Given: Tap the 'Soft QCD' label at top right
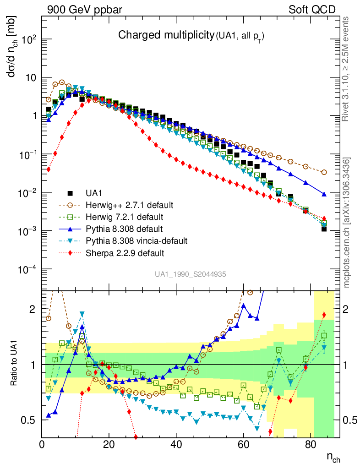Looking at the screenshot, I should (x=312, y=10).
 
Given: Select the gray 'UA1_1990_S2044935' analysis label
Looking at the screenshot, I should (x=190, y=274).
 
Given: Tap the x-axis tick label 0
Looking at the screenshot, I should (x=42, y=444).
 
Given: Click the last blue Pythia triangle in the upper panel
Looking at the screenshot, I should (x=324, y=194).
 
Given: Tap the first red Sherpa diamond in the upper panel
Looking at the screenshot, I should (x=49, y=169).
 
